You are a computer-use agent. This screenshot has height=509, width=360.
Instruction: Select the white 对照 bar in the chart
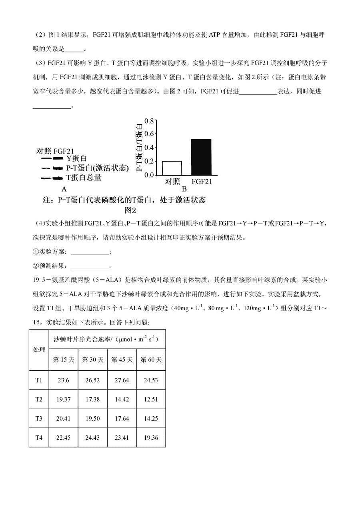[172, 168]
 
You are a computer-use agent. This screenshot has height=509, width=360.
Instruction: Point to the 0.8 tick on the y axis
[149, 121]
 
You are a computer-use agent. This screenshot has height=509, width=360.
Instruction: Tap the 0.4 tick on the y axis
[149, 148]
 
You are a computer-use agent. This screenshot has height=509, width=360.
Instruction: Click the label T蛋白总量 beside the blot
[84, 178]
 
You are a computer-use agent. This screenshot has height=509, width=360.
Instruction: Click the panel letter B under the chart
[184, 189]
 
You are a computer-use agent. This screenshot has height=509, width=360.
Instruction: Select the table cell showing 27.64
[122, 380]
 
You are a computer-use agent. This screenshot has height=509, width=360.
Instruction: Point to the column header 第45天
[122, 359]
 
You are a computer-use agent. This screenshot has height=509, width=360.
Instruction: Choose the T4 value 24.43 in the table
[93, 438]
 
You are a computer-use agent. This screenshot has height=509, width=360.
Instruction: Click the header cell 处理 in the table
[39, 349]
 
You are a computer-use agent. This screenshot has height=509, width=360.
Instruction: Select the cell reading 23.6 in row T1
[64, 380]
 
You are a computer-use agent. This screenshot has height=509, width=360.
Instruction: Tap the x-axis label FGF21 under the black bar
[202, 182]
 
